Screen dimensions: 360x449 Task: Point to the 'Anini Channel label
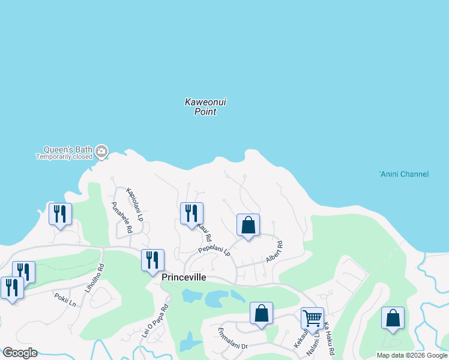pos(404,174)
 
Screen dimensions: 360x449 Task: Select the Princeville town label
pos(184,277)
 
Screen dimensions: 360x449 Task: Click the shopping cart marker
pos(312,319)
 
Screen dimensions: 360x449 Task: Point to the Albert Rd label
pos(274,252)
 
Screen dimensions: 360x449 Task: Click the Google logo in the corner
pos(20,353)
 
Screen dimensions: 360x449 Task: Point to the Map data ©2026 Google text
pos(412,355)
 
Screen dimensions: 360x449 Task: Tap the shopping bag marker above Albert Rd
pos(248,226)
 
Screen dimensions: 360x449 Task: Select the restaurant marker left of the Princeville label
pos(152,260)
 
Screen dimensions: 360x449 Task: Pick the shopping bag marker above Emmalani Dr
pos(261,313)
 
